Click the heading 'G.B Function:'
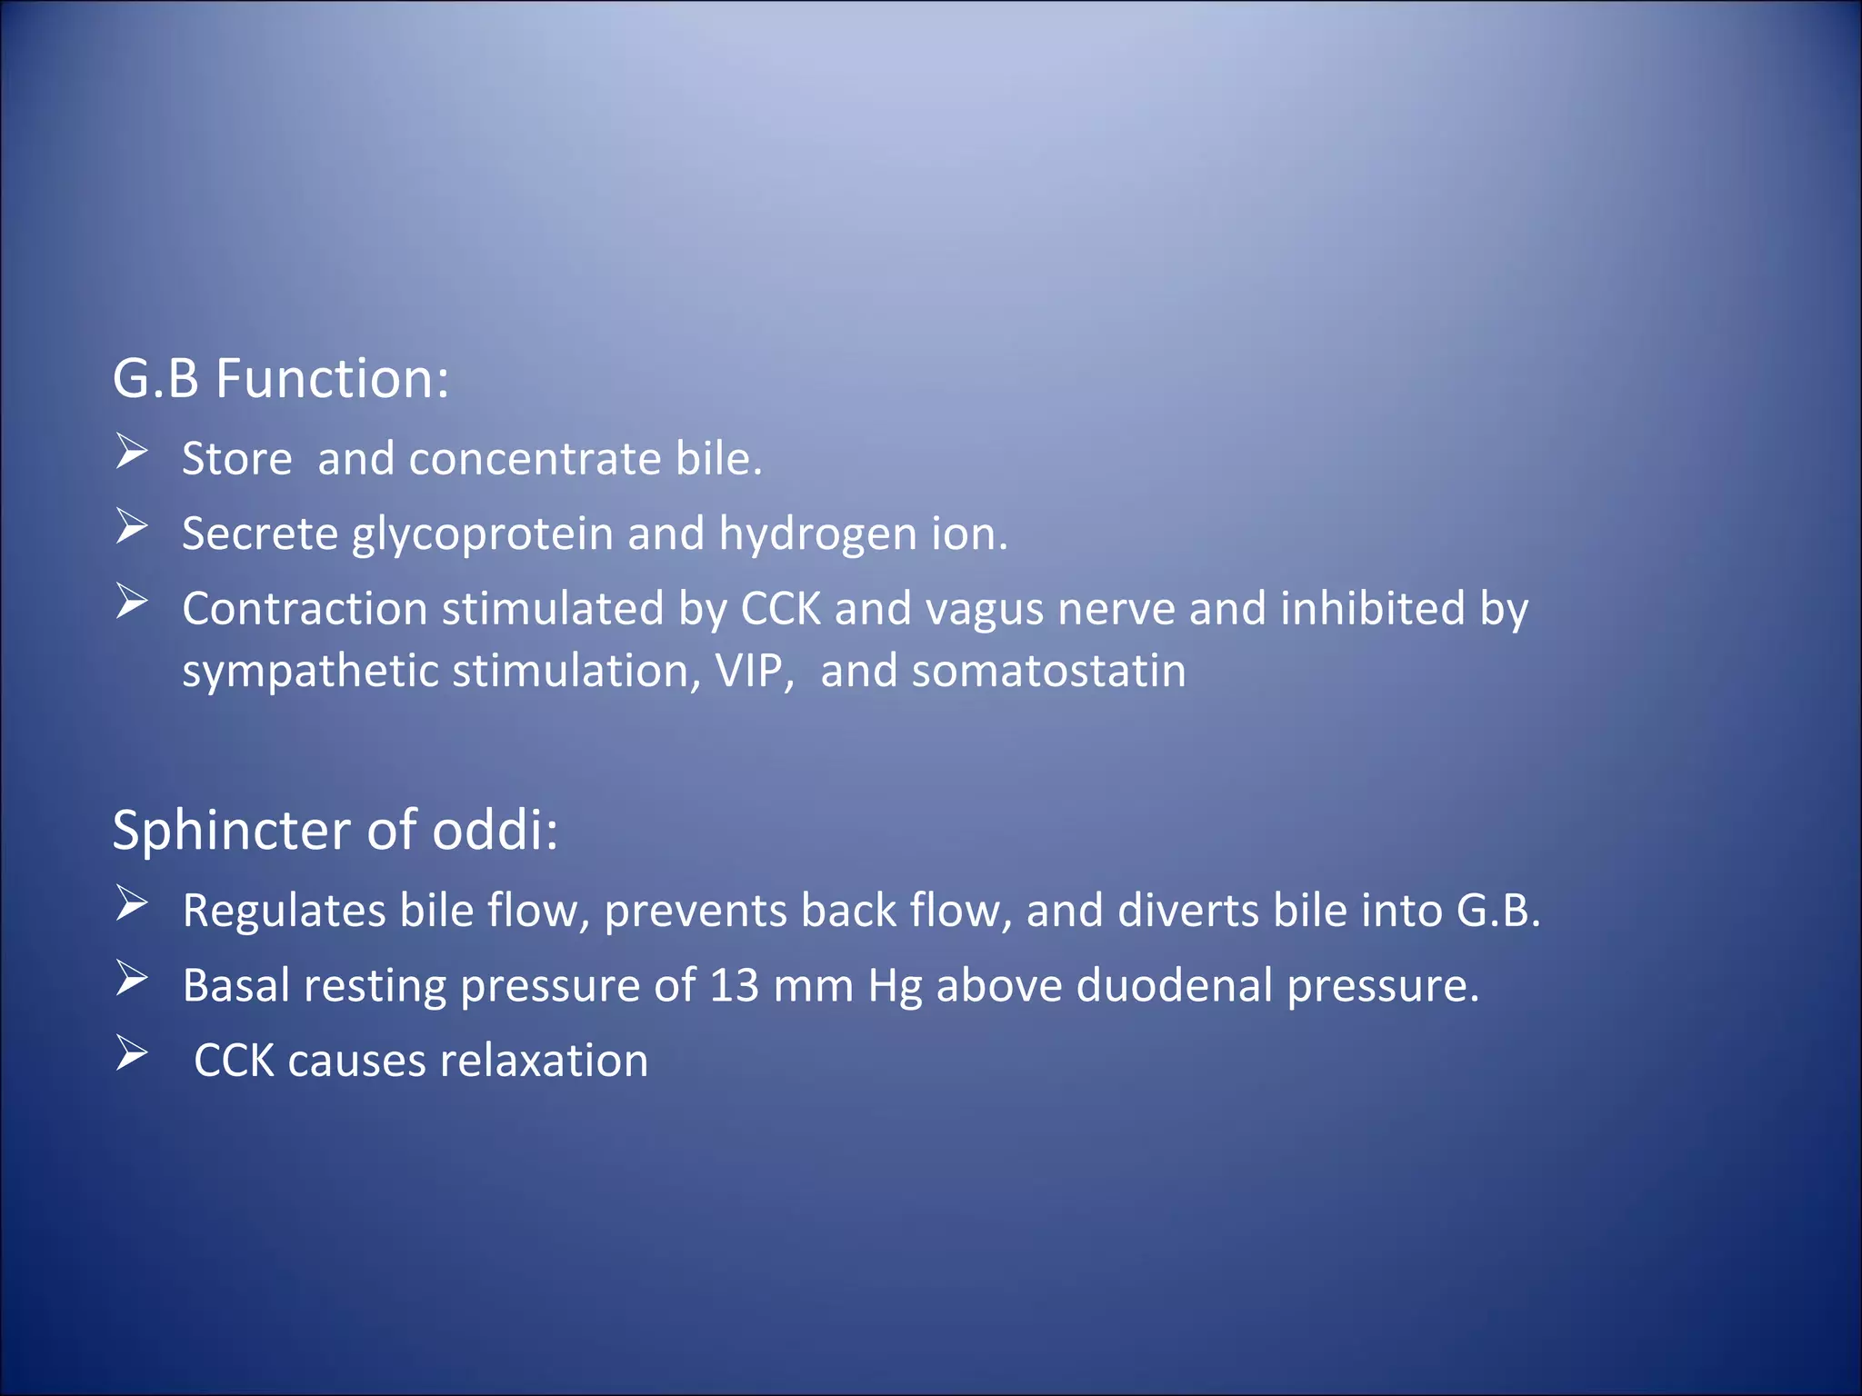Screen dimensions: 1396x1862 [280, 378]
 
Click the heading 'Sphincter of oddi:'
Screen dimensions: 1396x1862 [335, 830]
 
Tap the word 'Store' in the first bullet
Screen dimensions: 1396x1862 [236, 458]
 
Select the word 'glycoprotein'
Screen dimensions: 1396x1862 [482, 533]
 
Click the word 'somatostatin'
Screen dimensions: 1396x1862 [1048, 671]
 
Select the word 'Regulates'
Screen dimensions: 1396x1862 [284, 911]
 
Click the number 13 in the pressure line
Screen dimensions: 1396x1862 [734, 985]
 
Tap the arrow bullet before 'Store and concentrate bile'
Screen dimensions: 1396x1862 [132, 452]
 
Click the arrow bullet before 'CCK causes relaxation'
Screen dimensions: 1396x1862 [132, 1054]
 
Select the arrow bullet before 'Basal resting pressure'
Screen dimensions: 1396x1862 [132, 979]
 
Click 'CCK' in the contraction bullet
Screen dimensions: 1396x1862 [780, 609]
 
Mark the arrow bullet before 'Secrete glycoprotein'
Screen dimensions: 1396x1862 [132, 527]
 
